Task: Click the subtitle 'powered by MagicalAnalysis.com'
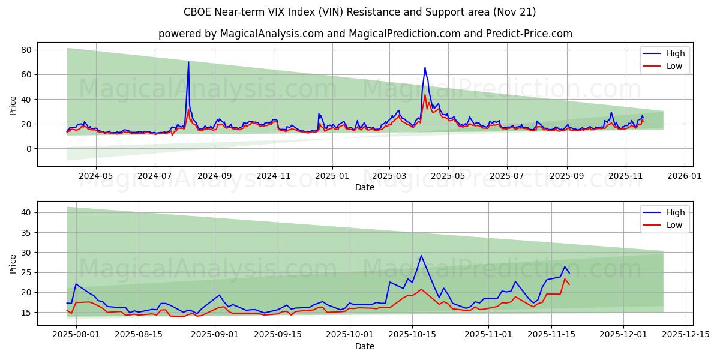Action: tap(365, 34)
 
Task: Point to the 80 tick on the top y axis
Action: tap(26, 50)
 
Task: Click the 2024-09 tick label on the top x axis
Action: tap(214, 176)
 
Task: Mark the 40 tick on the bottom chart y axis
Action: tap(26, 212)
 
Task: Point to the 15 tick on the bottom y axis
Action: tap(26, 313)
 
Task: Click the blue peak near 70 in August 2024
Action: tap(188, 62)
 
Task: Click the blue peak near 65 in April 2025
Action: tap(425, 68)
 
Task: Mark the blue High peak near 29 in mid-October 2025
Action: tap(421, 256)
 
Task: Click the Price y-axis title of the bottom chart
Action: tap(13, 263)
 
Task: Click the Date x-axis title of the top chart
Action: tap(365, 187)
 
